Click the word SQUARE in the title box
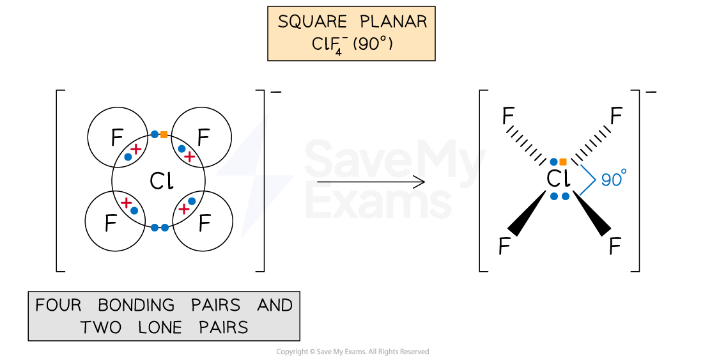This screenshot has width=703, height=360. (313, 22)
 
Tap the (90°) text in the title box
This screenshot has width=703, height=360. (373, 44)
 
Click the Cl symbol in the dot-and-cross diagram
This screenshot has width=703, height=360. (162, 181)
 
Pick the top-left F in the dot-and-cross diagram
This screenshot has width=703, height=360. (117, 137)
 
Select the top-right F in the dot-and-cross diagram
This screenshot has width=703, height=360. (203, 137)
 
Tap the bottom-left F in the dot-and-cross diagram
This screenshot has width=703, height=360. (111, 223)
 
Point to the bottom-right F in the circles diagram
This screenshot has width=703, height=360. (205, 223)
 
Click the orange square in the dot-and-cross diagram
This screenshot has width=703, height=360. (164, 134)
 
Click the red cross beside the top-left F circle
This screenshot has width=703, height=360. (135, 149)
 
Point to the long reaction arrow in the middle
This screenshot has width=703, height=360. (371, 182)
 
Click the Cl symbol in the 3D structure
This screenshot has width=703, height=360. (558, 179)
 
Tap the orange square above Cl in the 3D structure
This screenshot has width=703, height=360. (563, 162)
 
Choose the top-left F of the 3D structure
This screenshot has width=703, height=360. (508, 116)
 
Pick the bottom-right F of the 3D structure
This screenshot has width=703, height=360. (615, 246)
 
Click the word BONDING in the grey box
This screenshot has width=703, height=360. (136, 305)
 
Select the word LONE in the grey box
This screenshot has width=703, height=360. (160, 327)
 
